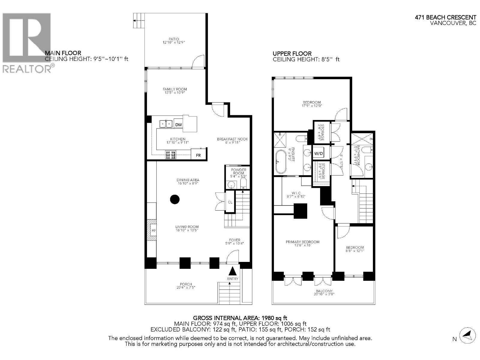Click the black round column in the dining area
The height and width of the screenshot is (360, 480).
click(x=175, y=199)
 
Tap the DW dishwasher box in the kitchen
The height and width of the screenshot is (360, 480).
click(x=178, y=125)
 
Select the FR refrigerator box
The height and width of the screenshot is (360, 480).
click(x=198, y=155)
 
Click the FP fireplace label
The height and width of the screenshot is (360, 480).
click(x=153, y=230)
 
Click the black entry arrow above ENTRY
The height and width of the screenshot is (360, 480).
click(x=232, y=271)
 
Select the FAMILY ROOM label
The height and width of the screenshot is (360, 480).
click(x=175, y=89)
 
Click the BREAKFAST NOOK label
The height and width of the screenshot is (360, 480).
click(x=232, y=139)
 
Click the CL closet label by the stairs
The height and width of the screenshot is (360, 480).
click(x=230, y=202)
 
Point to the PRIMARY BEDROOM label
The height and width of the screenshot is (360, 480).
click(x=302, y=242)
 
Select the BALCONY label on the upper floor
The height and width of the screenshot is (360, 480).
click(x=324, y=291)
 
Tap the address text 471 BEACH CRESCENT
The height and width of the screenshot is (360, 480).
click(x=445, y=18)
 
